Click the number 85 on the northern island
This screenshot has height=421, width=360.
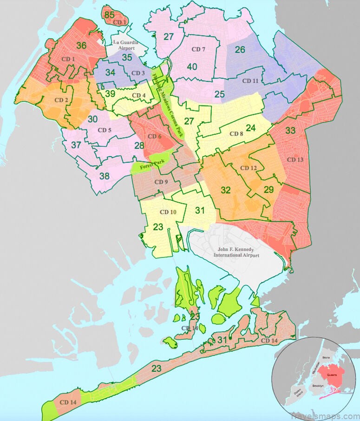click(109, 15)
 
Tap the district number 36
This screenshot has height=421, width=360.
click(82, 46)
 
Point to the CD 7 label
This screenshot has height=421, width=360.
click(198, 49)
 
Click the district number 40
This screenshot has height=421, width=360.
click(192, 66)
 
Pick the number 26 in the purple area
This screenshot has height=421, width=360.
click(240, 50)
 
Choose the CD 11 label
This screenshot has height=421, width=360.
click(251, 81)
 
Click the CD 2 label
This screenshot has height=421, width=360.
click(62, 100)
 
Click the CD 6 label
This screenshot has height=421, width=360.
click(154, 137)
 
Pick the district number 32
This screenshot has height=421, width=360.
click(226, 190)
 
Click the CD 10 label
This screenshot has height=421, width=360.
click(168, 212)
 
